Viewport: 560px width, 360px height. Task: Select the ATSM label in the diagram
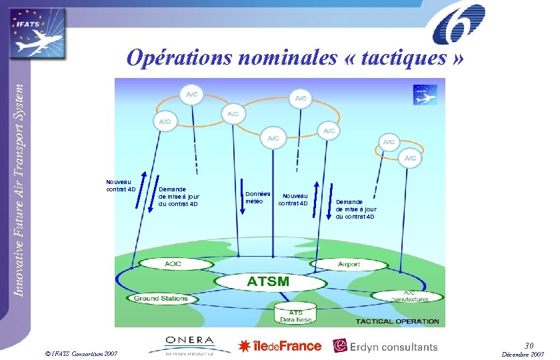(268, 281)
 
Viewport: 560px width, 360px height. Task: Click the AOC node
(173, 264)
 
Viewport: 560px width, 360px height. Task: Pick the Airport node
(349, 264)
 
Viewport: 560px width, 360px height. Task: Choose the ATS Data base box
(295, 316)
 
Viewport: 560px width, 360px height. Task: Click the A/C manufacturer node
(409, 296)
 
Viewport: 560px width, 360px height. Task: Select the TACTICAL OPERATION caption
(397, 321)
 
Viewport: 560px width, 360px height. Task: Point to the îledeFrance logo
(280, 345)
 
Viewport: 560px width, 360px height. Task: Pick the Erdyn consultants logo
(385, 346)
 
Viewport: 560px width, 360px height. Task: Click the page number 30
(529, 345)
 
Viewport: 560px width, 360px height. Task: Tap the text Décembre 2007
(524, 354)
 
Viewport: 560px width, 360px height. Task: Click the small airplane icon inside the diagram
(425, 95)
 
